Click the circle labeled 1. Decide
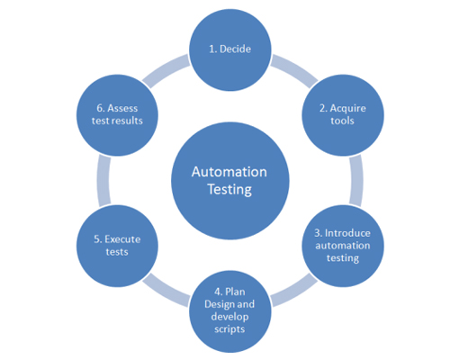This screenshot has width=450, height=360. click(230, 49)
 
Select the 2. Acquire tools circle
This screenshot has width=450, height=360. click(343, 115)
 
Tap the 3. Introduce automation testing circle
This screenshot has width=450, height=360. click(343, 246)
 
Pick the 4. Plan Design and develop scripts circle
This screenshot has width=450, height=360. click(230, 311)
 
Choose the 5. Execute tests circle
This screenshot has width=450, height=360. click(117, 246)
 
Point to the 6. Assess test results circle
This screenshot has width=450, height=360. click(117, 115)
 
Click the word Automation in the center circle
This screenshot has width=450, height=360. click(229, 172)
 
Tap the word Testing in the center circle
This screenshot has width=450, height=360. click(229, 190)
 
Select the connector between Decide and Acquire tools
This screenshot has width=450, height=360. click(294, 70)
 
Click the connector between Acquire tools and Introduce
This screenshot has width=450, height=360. click(356, 181)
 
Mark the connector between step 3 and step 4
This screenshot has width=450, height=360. click(294, 291)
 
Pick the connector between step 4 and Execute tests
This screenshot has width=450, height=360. click(166, 291)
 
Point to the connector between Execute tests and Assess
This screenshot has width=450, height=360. click(103, 181)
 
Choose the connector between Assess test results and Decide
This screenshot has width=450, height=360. click(166, 70)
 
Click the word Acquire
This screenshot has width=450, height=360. click(347, 109)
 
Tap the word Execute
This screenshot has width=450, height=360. click(122, 239)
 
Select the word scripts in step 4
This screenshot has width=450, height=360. click(229, 329)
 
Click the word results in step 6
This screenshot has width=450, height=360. click(127, 121)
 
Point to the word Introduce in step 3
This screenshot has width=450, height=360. click(347, 233)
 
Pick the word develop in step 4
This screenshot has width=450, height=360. click(229, 317)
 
